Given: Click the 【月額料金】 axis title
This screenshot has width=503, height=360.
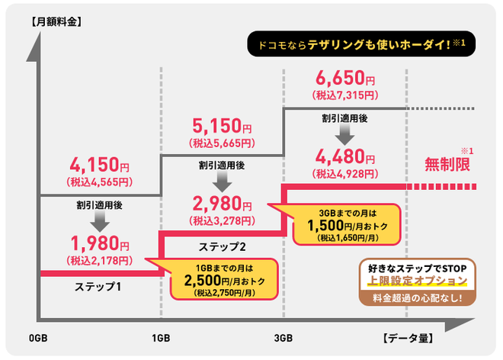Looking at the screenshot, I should pos(55,21).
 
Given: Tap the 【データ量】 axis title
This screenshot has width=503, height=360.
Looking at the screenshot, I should pos(407,339).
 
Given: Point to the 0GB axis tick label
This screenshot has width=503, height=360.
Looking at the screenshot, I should pos(39,339).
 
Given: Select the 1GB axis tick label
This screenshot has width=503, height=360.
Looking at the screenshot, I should pos(161,339).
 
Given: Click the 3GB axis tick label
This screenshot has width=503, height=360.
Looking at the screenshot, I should pos(283,339).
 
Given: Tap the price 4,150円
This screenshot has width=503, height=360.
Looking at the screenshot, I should pos(99,165).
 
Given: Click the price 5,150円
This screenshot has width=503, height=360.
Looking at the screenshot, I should pos(221,125).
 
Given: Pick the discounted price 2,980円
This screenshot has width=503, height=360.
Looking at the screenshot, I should pos(221,204).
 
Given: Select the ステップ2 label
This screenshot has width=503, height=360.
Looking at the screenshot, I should pos(222,246).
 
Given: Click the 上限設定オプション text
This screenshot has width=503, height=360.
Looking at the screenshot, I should pos(416,281).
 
